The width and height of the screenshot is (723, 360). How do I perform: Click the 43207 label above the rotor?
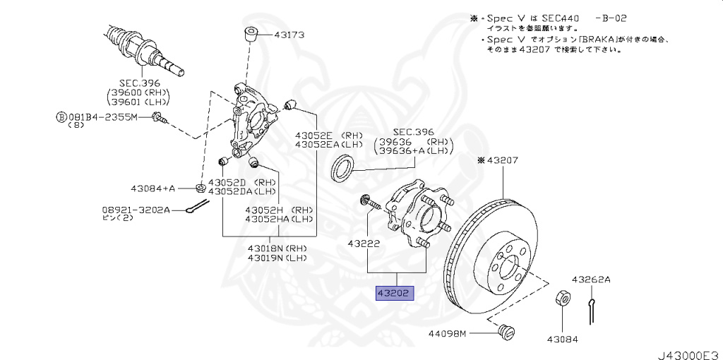(x=502, y=161)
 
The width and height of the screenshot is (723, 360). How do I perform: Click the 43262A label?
(x=591, y=280)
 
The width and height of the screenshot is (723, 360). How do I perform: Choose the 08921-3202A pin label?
(x=134, y=210)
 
